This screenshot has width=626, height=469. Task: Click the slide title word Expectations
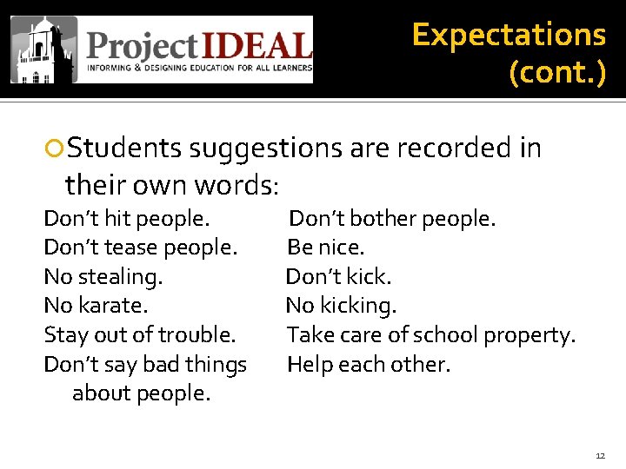(509, 35)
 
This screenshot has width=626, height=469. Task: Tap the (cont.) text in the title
(557, 72)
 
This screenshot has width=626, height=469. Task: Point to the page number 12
(600, 456)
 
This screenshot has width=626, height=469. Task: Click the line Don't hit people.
(127, 218)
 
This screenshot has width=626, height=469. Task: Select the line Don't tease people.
(140, 248)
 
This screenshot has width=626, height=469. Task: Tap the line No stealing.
(103, 277)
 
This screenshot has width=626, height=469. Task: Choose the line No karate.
(96, 306)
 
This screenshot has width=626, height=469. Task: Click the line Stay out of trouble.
(139, 335)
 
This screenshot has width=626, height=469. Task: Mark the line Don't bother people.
(392, 218)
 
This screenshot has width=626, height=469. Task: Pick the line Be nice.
(326, 248)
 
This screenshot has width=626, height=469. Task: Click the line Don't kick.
(339, 277)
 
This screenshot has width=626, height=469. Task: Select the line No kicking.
(341, 306)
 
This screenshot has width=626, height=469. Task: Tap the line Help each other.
(369, 365)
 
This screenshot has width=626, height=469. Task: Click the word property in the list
(530, 335)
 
